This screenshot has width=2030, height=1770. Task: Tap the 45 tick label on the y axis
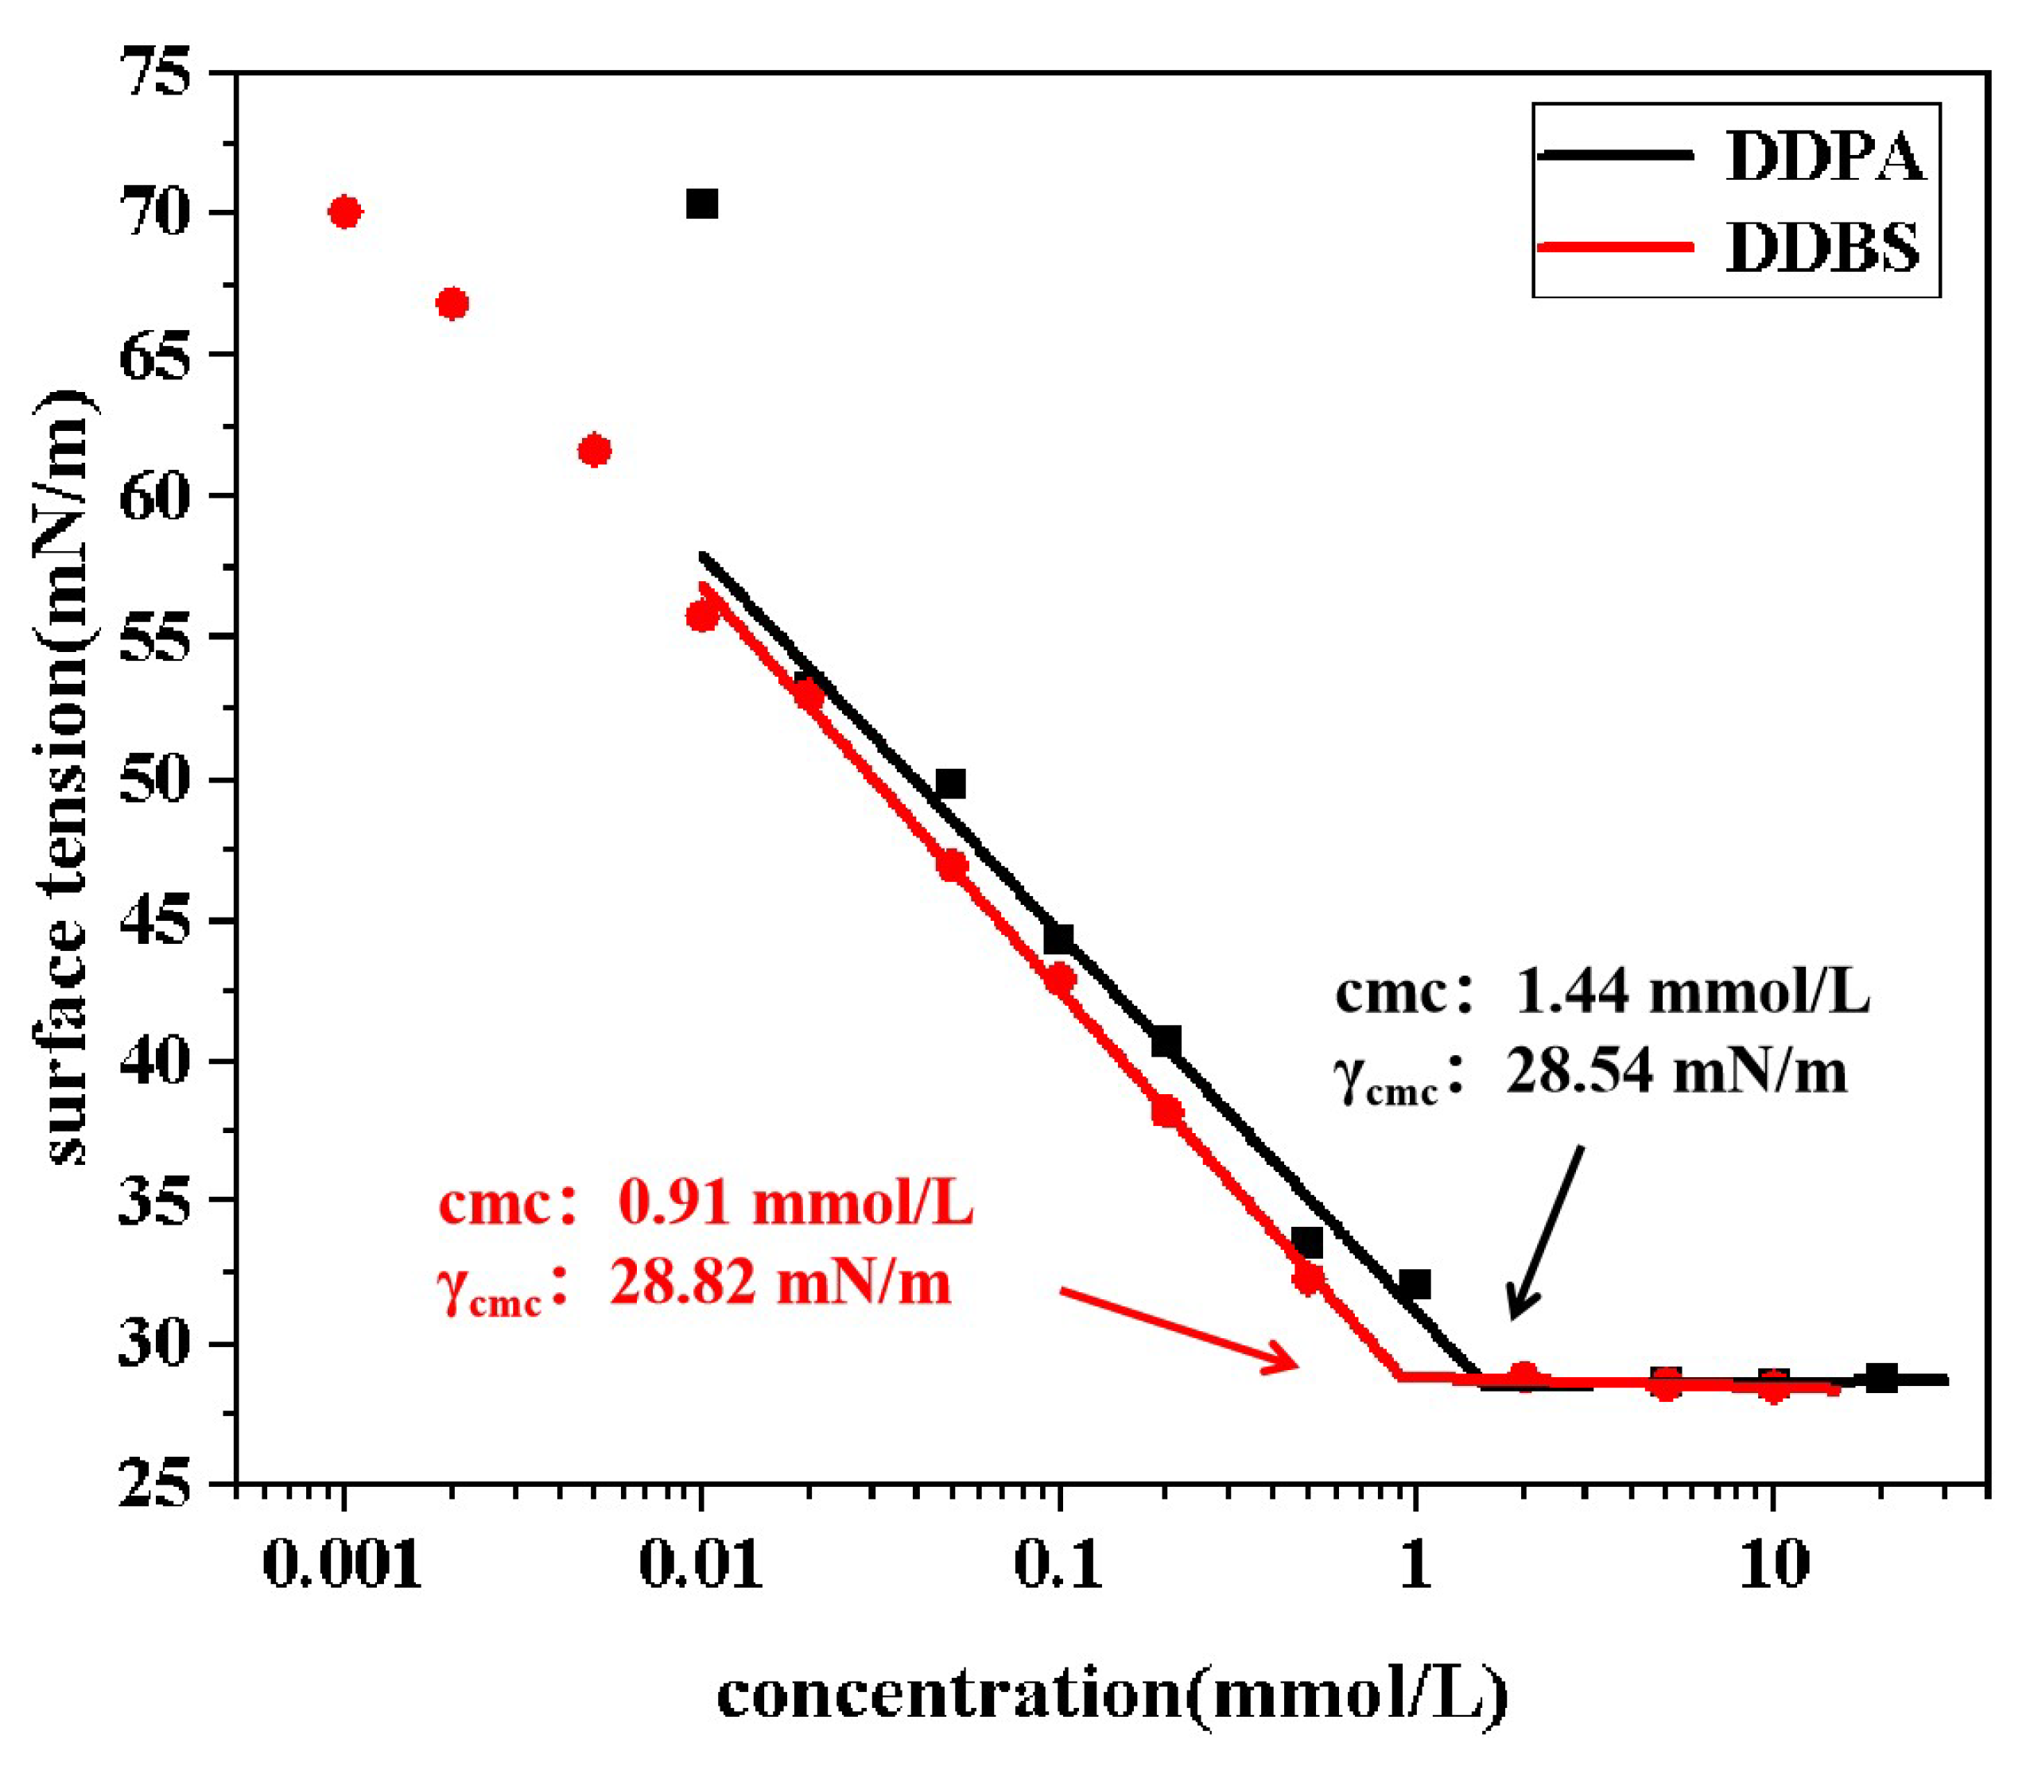153,921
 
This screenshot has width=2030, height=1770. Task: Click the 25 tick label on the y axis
153,1485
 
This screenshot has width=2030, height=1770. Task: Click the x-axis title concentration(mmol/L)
1112,1695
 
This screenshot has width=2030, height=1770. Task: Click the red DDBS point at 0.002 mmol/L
452,303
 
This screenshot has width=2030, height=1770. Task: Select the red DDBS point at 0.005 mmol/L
594,450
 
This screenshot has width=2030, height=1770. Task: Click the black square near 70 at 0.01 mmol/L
701,204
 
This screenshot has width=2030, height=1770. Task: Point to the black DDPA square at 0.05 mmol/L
950,784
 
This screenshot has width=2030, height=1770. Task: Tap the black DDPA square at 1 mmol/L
1415,1284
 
